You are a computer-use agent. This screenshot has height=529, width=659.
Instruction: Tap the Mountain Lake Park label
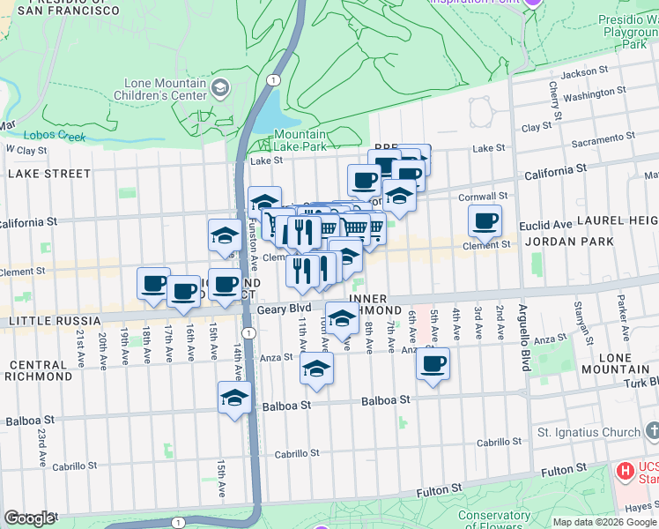click(x=300, y=141)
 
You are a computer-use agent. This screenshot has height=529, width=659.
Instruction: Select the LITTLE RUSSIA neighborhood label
click(x=46, y=322)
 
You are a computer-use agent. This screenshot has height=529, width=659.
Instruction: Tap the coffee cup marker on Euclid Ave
click(x=484, y=221)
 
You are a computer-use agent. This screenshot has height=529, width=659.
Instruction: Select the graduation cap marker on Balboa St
click(x=234, y=399)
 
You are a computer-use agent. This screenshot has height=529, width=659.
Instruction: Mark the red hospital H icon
click(x=626, y=472)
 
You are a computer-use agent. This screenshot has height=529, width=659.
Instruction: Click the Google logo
click(x=30, y=518)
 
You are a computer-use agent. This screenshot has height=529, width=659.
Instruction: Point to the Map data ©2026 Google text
click(x=603, y=522)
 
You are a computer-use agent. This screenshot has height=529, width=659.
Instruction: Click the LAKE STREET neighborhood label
click(x=49, y=174)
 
